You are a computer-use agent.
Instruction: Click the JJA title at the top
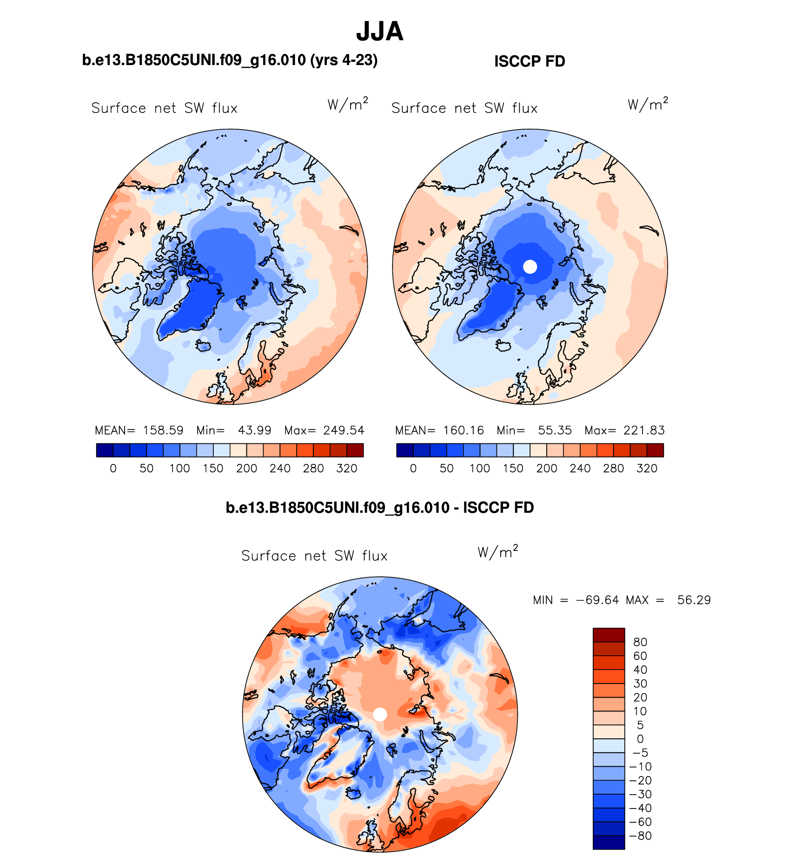pos(379,32)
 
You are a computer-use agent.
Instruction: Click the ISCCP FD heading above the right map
pos(530,61)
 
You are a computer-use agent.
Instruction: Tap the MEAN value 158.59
pos(163,430)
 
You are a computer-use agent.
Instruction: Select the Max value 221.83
pos(644,430)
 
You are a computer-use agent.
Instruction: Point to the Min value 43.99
pos(254,430)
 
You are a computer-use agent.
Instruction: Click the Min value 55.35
pos(555,430)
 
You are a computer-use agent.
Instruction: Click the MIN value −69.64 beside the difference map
pos(597,600)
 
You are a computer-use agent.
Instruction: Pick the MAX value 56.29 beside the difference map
pos(694,600)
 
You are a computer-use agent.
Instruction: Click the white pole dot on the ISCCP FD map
pos(530,267)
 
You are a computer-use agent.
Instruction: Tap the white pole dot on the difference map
pos(380,714)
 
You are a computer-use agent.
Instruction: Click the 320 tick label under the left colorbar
pos(347,468)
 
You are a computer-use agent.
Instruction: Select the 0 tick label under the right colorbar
pos(413,468)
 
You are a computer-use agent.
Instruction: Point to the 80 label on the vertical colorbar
pos(640,642)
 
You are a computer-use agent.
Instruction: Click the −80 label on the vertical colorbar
pos(641,835)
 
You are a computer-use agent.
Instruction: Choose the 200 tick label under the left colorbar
pos(246,468)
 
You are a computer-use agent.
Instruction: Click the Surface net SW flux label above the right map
pos(464,108)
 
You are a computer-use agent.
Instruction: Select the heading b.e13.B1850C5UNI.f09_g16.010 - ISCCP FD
pos(379,507)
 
